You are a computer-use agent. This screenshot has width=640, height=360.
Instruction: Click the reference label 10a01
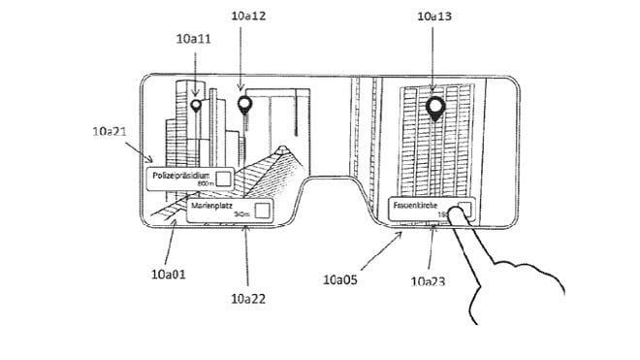tap(168, 274)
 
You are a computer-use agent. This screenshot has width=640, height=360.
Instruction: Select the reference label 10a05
tap(342, 278)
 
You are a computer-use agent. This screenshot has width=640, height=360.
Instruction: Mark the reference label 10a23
tap(429, 281)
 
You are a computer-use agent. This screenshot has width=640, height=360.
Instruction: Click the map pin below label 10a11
tap(195, 105)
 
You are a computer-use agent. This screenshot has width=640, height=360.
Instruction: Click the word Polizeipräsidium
tap(180, 175)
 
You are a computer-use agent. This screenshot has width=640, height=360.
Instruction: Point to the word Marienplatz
tap(212, 207)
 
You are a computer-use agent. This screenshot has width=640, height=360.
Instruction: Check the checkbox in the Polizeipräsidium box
tap(223, 178)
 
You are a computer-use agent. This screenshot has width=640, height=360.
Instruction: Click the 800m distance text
tap(204, 182)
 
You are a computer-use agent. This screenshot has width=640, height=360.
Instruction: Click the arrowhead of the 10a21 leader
tap(151, 162)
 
